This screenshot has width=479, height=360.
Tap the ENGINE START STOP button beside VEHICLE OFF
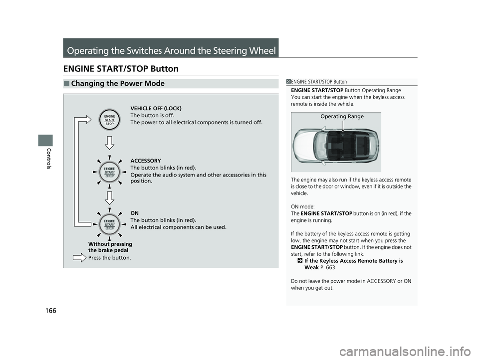click(109, 120)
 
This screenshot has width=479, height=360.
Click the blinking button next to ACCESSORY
click(109, 173)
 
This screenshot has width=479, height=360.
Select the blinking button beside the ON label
click(109, 224)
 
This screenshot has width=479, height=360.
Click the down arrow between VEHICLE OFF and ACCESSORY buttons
click(109, 144)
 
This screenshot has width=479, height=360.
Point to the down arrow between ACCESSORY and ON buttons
click(109, 197)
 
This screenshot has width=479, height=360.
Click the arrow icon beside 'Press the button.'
click(79, 258)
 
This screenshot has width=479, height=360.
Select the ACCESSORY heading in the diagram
click(145, 161)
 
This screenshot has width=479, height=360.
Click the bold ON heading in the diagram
click(134, 213)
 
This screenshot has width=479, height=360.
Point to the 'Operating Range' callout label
click(342, 116)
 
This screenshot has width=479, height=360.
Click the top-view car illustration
click(336, 145)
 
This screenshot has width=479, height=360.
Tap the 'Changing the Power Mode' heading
click(118, 84)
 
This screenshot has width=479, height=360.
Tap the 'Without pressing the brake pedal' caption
click(110, 247)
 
